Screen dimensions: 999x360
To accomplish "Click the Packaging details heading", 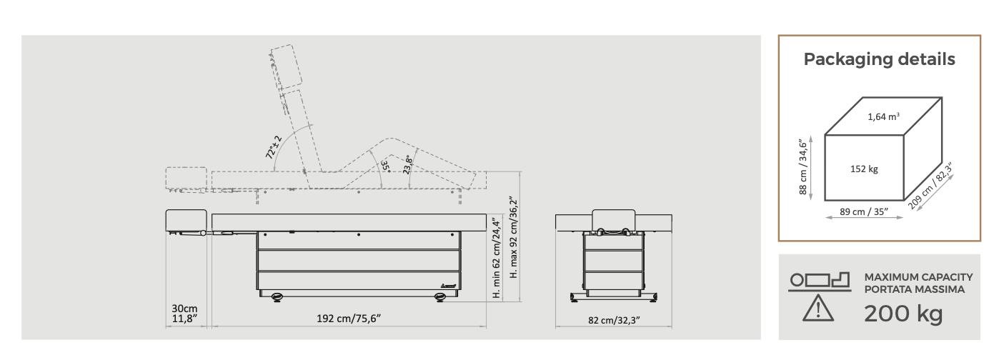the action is (879, 59).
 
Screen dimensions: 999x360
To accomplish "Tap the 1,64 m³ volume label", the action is (883, 116).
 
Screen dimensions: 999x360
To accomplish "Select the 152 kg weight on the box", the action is (864, 169).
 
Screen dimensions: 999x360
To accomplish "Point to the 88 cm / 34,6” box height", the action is (803, 167).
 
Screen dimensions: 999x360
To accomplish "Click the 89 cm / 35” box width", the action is (864, 211).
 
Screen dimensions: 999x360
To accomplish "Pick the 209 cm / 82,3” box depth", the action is (930, 185).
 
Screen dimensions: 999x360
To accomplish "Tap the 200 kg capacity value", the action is (903, 314).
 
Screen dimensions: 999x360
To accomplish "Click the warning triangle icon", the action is (818, 308).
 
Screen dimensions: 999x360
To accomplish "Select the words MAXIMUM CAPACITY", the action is (919, 277).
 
